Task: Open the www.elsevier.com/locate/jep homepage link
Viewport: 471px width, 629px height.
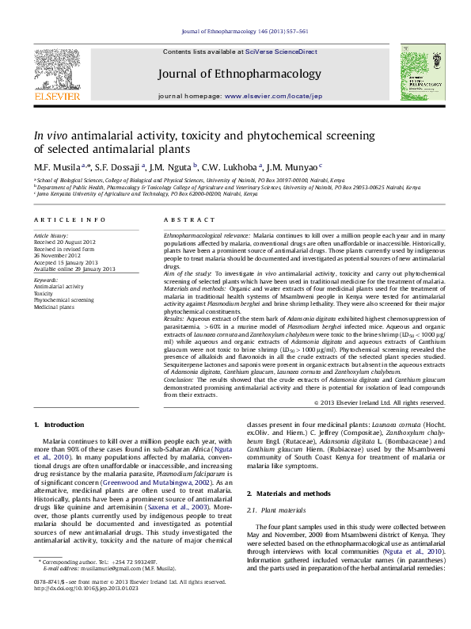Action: [274, 96]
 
